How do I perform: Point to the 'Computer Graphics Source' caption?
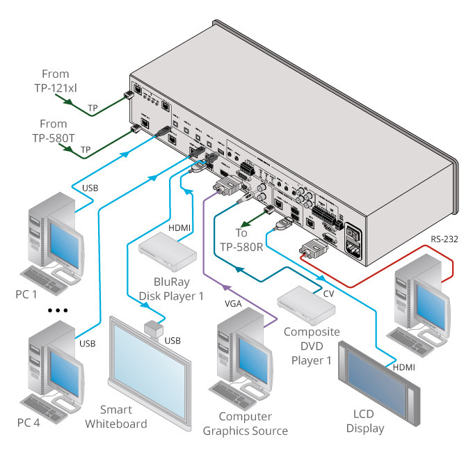(245, 424)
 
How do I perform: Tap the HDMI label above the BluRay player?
(179, 228)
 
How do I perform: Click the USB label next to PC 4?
(87, 344)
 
